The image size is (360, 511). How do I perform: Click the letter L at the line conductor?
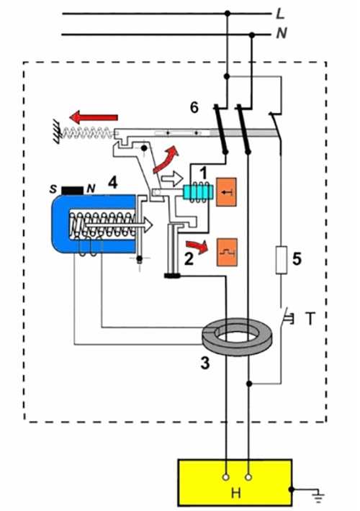[x=280, y=14]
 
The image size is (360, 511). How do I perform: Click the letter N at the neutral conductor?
[x=282, y=33]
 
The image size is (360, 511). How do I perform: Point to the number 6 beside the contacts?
[x=194, y=107]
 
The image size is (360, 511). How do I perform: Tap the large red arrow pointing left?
[x=94, y=117]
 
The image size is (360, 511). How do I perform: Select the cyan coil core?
[x=198, y=192]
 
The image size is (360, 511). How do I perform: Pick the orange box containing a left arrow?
[x=226, y=192]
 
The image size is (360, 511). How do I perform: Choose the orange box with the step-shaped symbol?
[x=227, y=252]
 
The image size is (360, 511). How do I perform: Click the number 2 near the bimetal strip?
[x=189, y=259]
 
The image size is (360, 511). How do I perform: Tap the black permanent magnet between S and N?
[x=73, y=190]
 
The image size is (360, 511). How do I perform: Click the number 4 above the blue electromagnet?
[x=113, y=183]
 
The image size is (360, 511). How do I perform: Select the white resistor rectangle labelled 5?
[x=282, y=260]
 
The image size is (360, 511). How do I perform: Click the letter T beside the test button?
[x=310, y=318]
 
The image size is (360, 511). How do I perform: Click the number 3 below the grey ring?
[x=205, y=363]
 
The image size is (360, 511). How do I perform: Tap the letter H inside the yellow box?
[x=235, y=493]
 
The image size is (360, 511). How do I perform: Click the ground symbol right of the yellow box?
[x=318, y=497]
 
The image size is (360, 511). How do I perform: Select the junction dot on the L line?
[x=228, y=14]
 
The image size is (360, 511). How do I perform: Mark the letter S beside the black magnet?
[x=53, y=189]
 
